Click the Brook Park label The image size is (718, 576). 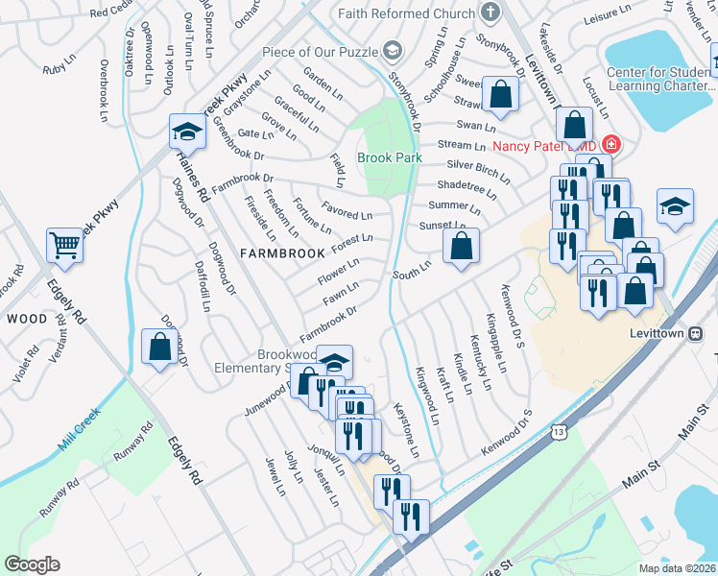390,157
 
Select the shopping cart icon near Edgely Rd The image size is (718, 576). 64,245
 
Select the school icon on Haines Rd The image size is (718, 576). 187,132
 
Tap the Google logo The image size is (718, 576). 32,564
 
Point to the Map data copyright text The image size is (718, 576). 677,568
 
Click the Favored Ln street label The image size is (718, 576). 347,211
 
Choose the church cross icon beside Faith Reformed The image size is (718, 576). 491,13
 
